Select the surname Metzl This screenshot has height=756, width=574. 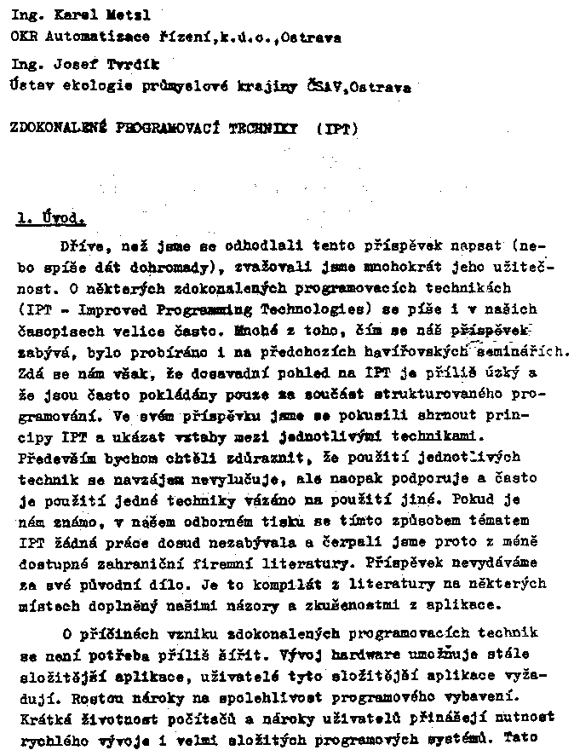tap(110, 15)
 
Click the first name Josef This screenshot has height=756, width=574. tap(65, 64)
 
